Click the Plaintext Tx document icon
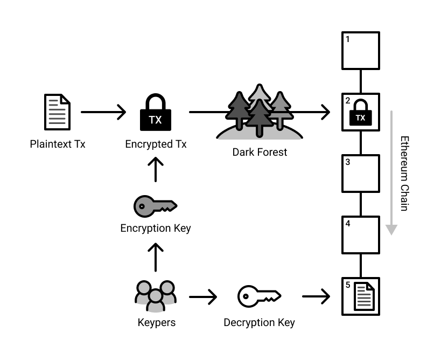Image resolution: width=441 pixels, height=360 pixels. [x=57, y=112]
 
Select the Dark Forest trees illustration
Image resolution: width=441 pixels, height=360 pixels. [x=260, y=112]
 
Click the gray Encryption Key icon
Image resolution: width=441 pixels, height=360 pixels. [x=155, y=205]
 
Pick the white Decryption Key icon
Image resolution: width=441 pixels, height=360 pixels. [x=259, y=296]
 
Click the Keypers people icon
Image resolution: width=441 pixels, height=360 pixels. [x=155, y=296]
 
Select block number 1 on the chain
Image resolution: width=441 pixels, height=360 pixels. [x=361, y=50]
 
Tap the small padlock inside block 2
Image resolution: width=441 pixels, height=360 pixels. [x=361, y=114]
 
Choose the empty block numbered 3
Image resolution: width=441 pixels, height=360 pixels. [x=361, y=174]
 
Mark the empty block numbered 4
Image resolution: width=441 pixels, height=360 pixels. [x=361, y=235]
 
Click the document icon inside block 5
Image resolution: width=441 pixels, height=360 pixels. [x=364, y=297]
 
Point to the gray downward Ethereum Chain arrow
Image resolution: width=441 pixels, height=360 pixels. [x=392, y=172]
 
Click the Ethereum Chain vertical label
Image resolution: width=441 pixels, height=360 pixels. [x=405, y=173]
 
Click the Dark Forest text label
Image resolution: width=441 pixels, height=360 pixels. [x=260, y=153]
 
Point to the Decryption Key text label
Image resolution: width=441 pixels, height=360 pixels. [x=259, y=323]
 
